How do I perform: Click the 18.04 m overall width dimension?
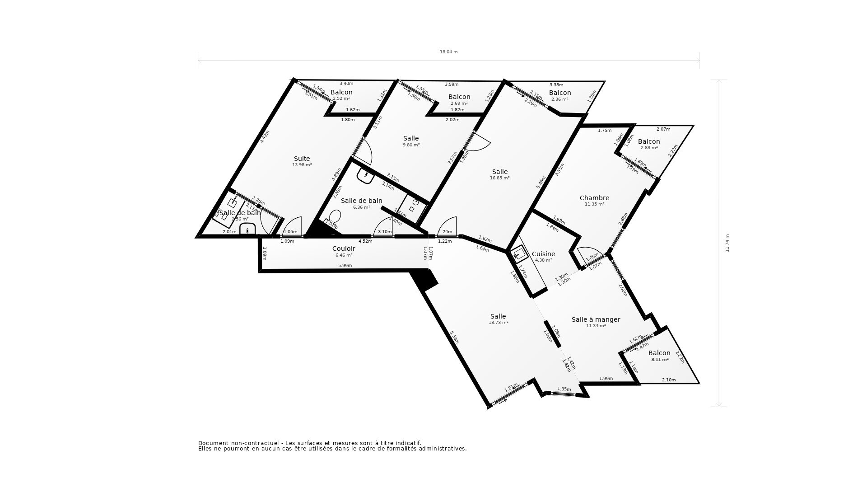(448, 52)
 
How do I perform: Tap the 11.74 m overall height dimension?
(727, 243)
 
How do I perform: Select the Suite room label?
(302, 159)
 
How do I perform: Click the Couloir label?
(344, 249)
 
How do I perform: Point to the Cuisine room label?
(543, 254)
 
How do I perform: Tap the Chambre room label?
(594, 198)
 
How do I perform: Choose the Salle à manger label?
(596, 319)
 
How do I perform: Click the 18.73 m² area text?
(498, 323)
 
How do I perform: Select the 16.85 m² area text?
(499, 178)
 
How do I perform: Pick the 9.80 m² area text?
(411, 145)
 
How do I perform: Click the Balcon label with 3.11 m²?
(659, 353)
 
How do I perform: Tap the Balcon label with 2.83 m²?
(649, 141)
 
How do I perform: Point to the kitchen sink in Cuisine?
(519, 254)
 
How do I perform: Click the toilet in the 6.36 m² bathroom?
(335, 216)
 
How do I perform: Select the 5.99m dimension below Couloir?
(345, 266)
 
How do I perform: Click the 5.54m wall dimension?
(454, 337)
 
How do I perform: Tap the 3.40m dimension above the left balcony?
(346, 84)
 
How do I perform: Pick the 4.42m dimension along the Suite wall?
(265, 137)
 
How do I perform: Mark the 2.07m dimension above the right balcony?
(663, 129)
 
